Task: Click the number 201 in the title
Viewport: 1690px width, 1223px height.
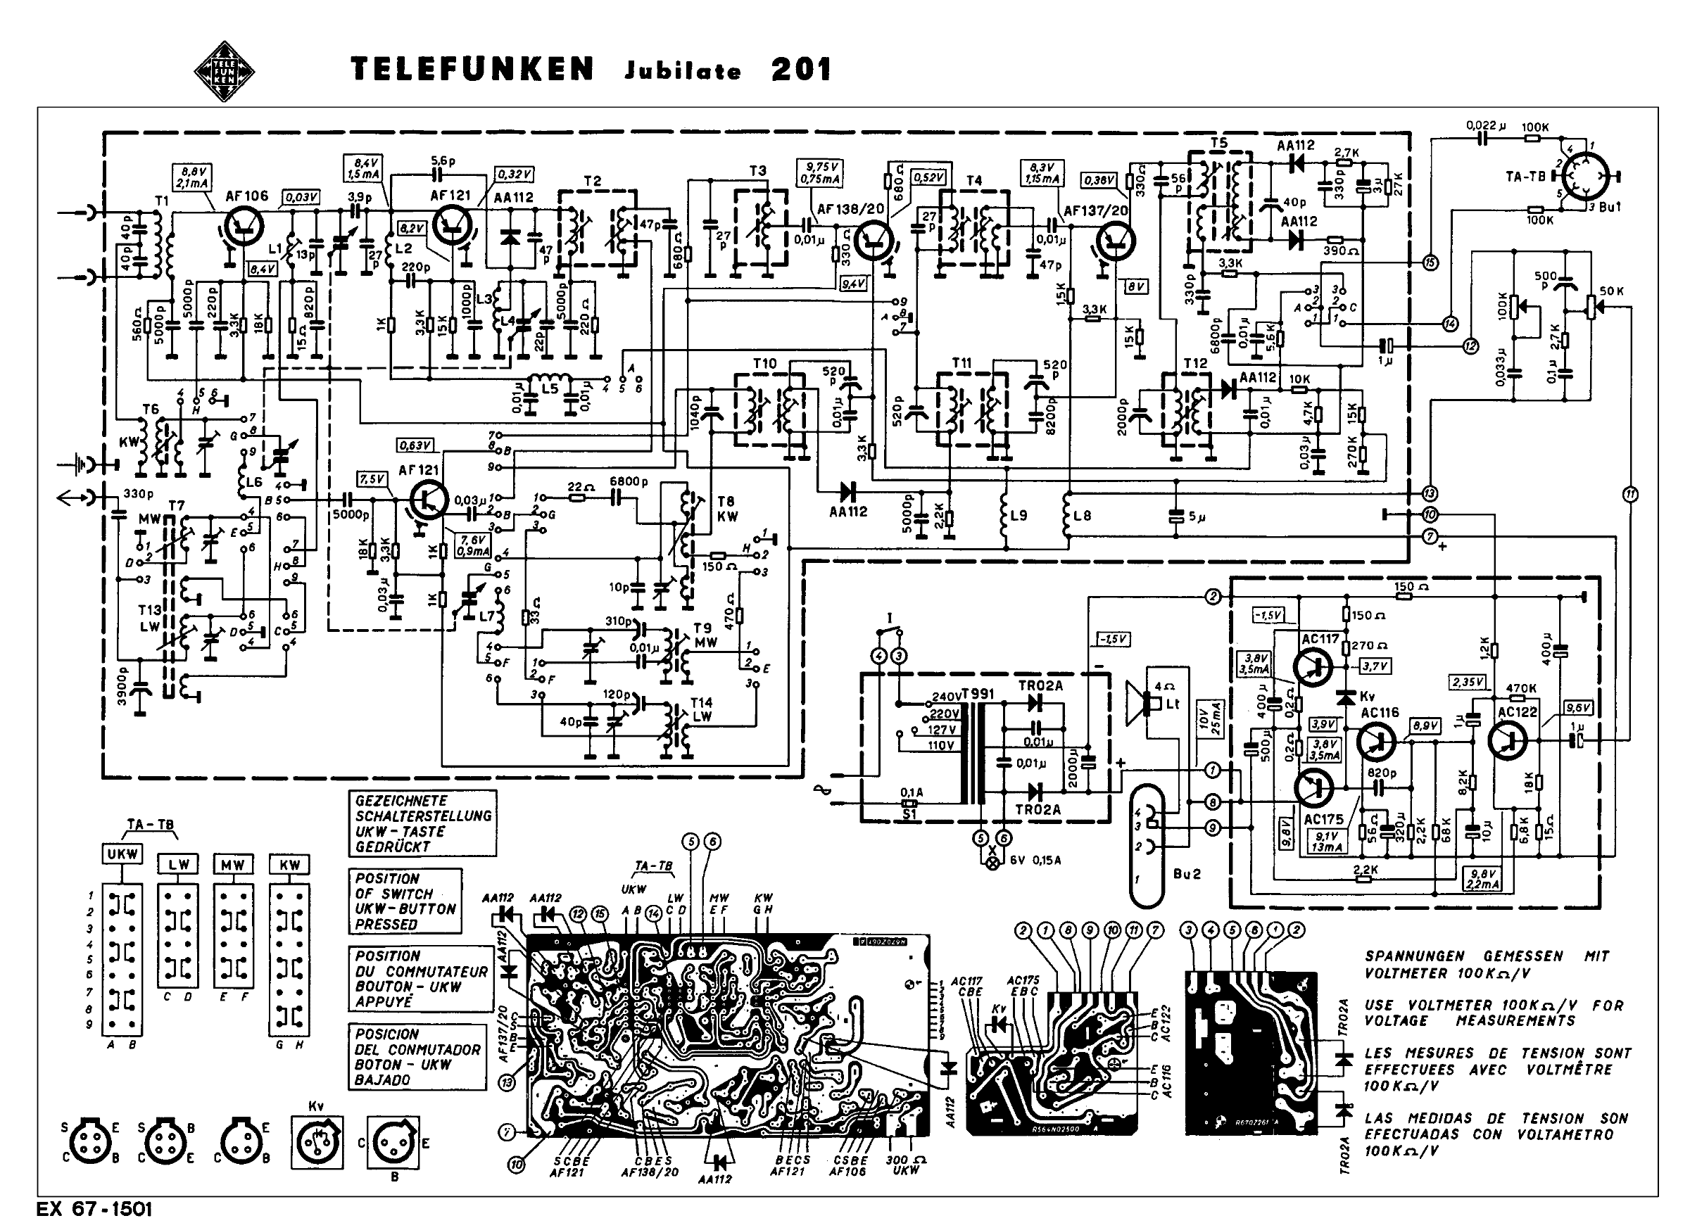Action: coord(801,69)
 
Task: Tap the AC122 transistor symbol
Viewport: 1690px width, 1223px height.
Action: coord(1508,740)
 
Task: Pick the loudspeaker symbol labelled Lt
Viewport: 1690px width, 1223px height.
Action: coord(1140,702)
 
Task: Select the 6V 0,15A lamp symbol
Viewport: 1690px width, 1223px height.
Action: coord(992,865)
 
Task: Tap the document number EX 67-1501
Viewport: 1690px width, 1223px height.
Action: coord(94,1208)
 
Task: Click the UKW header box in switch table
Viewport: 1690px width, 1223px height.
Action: coord(122,854)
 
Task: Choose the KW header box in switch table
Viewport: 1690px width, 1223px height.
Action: coord(289,865)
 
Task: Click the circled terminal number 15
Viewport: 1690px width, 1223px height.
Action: coord(1430,262)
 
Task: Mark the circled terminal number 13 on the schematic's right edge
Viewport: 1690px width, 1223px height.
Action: coord(1429,493)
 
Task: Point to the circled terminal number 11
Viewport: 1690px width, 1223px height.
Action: coord(1629,494)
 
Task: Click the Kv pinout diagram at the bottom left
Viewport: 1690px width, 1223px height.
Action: coord(318,1139)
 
